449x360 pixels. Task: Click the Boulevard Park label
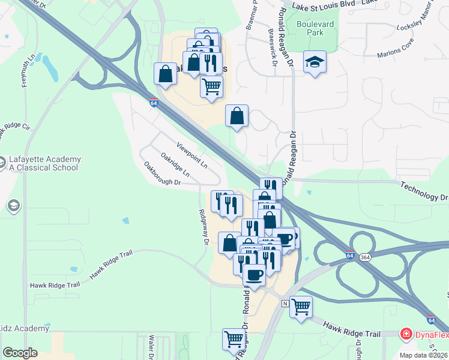pos(314,29)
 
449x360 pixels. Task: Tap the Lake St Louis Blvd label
pos(324,5)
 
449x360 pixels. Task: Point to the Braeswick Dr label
pos(273,47)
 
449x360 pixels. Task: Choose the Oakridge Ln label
pos(175,164)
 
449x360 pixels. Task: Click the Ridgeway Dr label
pos(203,226)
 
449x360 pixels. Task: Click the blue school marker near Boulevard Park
pos(314,62)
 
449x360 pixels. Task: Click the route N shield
pos(285,304)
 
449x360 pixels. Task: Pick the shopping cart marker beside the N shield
pos(301,307)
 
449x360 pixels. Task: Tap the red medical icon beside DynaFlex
pos(407,334)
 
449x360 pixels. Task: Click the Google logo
pos(20,353)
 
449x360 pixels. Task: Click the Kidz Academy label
pos(24,328)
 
